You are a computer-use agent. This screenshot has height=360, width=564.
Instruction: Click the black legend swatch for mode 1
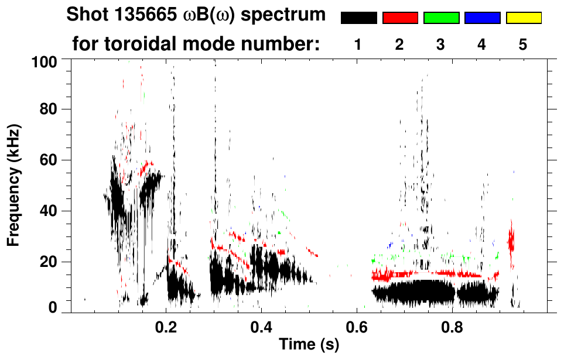[x=358, y=18]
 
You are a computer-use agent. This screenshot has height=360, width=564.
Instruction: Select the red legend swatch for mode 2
[x=400, y=18]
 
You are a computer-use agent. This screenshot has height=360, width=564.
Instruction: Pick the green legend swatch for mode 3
[x=441, y=18]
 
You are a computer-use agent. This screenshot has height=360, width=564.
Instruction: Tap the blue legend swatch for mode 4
[x=482, y=18]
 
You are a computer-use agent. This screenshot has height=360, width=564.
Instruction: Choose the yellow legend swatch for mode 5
[x=523, y=18]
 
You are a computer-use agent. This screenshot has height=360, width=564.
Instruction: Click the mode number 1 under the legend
[x=358, y=44]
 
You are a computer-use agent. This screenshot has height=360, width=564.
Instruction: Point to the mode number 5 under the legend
[x=523, y=44]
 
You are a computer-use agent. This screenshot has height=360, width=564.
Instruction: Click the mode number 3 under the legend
[x=441, y=44]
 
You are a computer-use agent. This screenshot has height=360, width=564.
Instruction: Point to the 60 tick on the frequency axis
[x=47, y=160]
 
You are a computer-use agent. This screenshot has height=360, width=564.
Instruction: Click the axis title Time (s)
[x=309, y=345]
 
